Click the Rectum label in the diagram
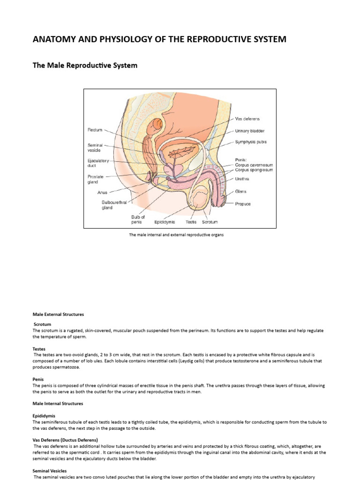(95, 129)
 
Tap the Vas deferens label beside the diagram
(247, 119)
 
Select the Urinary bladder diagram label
(250, 131)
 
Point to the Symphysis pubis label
(251, 142)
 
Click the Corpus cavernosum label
(254, 165)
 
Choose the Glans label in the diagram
(240, 191)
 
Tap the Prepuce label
(243, 204)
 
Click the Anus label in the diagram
(103, 192)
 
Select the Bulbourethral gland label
(113, 205)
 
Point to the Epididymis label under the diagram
(165, 222)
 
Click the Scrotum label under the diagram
(210, 222)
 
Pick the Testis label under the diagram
(191, 222)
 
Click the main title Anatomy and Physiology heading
(159, 39)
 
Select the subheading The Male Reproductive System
(85, 66)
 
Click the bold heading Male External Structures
(58, 314)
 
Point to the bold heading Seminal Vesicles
(50, 471)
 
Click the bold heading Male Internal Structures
(58, 403)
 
